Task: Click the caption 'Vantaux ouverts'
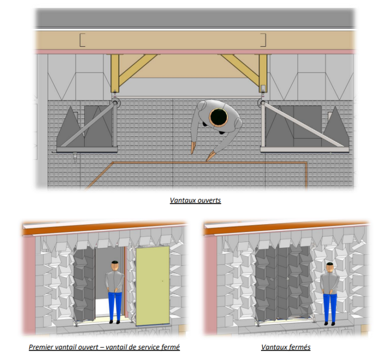(x=195, y=200)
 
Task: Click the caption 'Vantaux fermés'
(x=286, y=347)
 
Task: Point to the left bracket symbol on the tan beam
(x=82, y=40)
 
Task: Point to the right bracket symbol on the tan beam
(x=263, y=40)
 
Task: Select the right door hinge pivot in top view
(x=262, y=103)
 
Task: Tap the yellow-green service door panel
(x=152, y=286)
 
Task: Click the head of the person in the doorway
(x=116, y=267)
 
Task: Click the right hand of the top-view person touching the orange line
(x=210, y=156)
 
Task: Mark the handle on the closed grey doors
(x=288, y=278)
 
